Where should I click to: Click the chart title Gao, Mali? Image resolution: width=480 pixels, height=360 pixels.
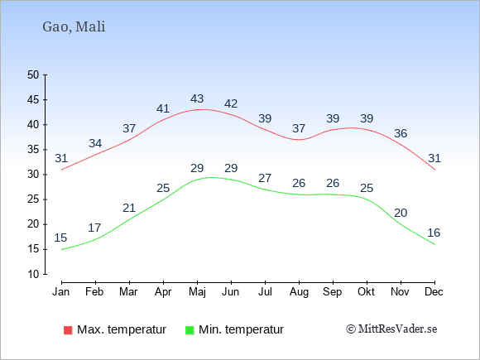[x=74, y=27]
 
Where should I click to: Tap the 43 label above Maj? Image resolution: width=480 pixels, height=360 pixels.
[x=197, y=98]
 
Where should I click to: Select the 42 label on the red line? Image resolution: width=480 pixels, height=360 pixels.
[x=231, y=103]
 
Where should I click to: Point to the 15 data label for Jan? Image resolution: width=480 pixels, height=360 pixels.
[x=60, y=238]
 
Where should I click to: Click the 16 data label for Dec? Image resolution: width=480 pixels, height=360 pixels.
[x=434, y=233]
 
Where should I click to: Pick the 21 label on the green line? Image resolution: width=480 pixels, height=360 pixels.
[x=129, y=209]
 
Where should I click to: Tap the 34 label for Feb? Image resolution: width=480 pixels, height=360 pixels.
[x=95, y=143]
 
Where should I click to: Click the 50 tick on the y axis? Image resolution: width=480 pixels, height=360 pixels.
[x=33, y=74]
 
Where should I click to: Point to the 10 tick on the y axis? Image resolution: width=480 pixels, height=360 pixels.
[x=33, y=274]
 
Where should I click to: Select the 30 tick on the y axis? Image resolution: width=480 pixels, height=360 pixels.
[x=33, y=175]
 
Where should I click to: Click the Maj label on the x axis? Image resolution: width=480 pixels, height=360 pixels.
[x=197, y=292]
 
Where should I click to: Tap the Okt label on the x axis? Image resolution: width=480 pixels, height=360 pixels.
[x=366, y=292]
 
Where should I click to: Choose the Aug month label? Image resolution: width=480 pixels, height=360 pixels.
[x=299, y=292]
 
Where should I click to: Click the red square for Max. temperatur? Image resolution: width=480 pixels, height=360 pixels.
[x=68, y=330]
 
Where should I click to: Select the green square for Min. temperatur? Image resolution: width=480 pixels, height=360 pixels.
[x=190, y=330]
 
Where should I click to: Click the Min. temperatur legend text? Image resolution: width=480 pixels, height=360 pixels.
[x=241, y=329]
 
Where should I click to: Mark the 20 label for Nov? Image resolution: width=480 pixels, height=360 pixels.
[x=401, y=213]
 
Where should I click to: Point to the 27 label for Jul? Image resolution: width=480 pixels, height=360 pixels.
[x=265, y=178]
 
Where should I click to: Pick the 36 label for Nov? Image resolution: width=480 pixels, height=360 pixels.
[x=401, y=133]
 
